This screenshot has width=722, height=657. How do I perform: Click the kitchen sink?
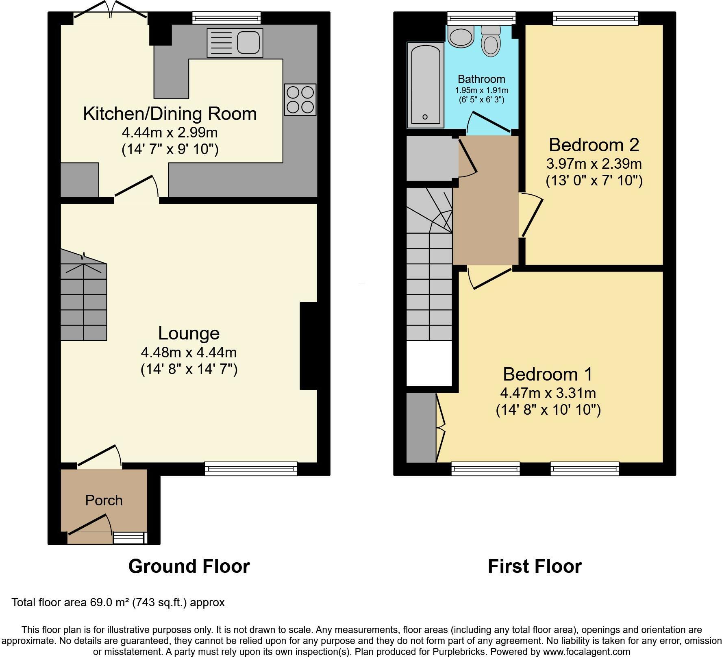coord(235,43)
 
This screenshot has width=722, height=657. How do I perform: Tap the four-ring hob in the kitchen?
coord(300,100)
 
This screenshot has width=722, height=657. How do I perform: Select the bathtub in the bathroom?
coord(425,85)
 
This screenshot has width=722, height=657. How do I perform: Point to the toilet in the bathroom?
coord(491,41)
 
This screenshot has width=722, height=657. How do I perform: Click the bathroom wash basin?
coord(461,36)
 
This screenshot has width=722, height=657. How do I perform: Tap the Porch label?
coord(104,500)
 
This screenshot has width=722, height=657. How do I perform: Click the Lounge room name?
coord(189,333)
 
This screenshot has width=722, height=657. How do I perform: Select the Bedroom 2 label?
coord(594,145)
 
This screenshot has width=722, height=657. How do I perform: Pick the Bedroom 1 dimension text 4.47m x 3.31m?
coord(548,393)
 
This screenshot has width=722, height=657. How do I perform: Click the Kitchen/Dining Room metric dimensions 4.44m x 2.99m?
coord(170,133)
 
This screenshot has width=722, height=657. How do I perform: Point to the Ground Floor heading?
coord(189,566)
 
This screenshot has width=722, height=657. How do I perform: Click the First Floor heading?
coord(535,566)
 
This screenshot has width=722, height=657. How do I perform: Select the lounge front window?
coord(251,469)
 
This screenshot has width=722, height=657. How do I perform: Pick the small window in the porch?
coord(129,538)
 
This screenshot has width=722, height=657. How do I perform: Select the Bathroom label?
coord(481,79)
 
